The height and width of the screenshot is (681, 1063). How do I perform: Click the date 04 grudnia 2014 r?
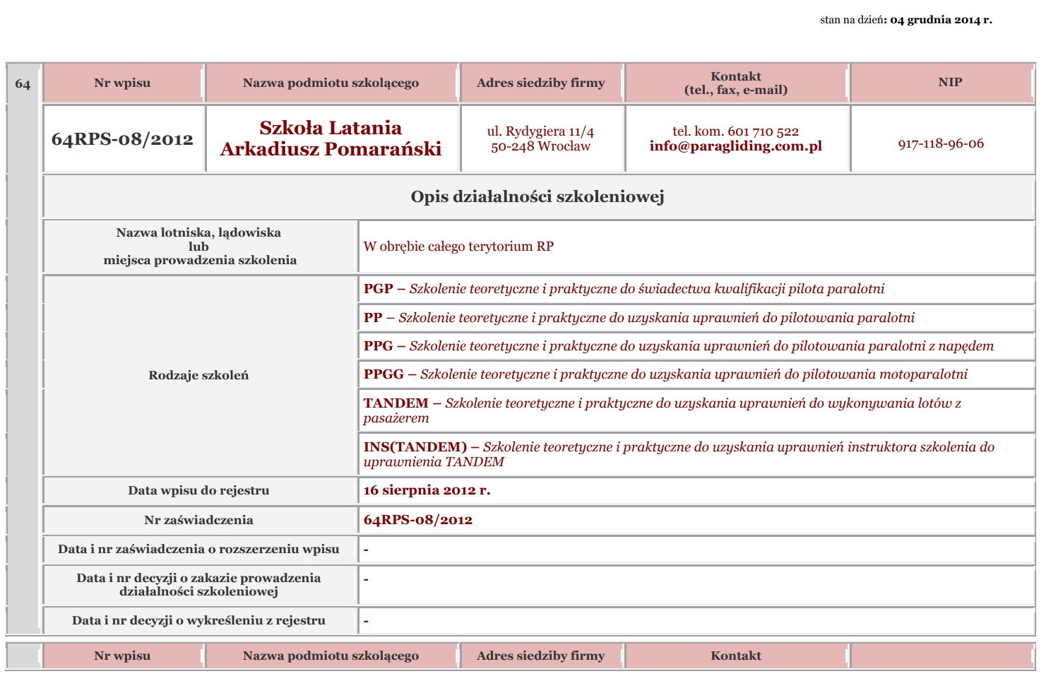point(941,20)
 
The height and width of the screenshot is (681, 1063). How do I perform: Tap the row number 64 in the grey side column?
point(23,84)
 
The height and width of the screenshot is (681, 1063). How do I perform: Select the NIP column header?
point(949,83)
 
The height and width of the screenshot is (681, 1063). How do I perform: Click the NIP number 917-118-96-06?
point(940,144)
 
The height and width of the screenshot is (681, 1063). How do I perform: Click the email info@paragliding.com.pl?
point(735,146)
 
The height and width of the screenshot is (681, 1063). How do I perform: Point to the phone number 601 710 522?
point(763,131)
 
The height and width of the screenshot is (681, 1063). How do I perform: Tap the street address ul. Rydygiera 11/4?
point(540,131)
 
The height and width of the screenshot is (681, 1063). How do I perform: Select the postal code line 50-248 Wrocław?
point(540,146)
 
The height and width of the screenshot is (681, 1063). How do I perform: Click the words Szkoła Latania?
point(330,128)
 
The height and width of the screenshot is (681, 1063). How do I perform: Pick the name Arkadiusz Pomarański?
point(330,149)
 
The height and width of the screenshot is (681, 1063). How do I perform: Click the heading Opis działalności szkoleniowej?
point(537,197)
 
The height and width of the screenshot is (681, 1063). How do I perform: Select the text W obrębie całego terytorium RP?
point(458,247)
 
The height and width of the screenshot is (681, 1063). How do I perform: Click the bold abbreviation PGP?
point(378,289)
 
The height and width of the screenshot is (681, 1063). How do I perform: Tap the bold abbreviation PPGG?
point(384,374)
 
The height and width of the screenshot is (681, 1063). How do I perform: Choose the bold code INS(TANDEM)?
point(415,447)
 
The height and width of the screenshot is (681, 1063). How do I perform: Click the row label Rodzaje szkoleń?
point(198,376)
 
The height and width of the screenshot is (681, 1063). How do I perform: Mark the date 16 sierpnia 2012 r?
point(427,490)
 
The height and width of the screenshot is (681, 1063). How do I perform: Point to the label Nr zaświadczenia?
point(198,520)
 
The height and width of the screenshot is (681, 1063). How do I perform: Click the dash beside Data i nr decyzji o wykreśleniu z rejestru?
point(366,622)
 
